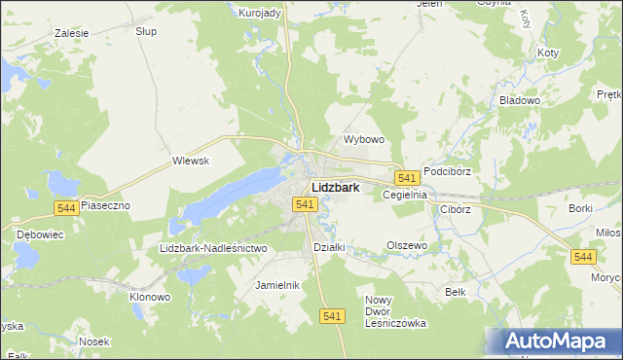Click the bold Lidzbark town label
[336, 187]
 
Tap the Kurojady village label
[260, 13]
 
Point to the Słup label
[146, 31]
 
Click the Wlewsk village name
[191, 161]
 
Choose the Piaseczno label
[105, 206]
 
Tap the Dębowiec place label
[40, 234]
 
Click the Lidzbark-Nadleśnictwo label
[213, 248]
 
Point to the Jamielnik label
[276, 285]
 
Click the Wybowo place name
[365, 139]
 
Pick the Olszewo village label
[407, 245]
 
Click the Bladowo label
[519, 100]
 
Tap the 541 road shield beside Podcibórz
[407, 177]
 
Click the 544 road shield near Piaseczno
[66, 208]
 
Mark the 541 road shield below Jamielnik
[333, 316]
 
